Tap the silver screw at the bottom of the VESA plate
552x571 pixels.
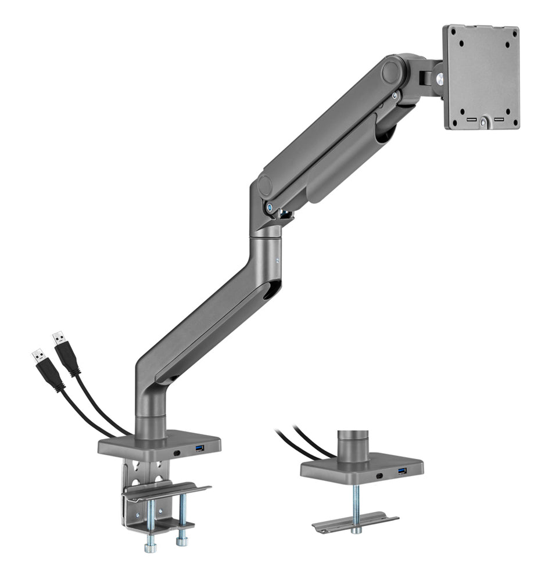point(483,124)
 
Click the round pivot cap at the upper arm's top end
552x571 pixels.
point(392,72)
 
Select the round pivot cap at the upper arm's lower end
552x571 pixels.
point(265,186)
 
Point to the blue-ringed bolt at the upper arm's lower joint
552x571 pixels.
point(270,206)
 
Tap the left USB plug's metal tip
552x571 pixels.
point(38,354)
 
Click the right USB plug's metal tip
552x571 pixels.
point(58,337)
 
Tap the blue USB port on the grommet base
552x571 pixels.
point(403,471)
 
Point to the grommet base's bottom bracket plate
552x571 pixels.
point(355,522)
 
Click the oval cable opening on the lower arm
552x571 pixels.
point(271,290)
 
